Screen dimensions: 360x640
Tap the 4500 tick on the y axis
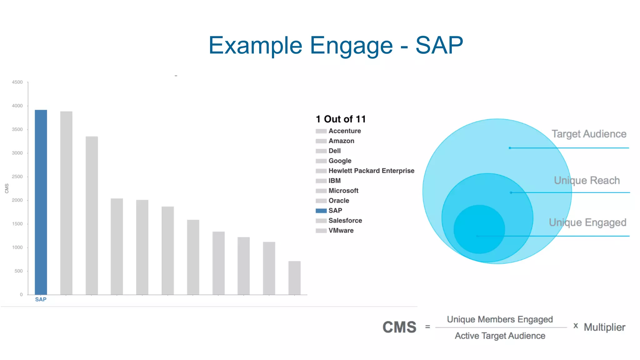coord(17,82)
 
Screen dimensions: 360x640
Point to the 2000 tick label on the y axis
coord(17,200)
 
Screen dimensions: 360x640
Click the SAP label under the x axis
coord(41,299)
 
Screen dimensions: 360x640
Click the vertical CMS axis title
coord(7,188)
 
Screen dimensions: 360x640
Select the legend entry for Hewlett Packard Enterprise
coord(371,171)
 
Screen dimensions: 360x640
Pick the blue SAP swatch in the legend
coord(321,211)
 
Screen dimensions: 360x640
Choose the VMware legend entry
coord(341,231)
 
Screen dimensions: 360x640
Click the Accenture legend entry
coord(344,131)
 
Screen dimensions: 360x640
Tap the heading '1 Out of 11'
coord(341,119)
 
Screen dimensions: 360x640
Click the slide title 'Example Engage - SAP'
coord(336,45)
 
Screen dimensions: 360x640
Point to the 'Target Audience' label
coord(589,134)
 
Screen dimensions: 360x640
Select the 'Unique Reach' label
coord(587,180)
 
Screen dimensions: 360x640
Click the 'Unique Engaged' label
coord(587,222)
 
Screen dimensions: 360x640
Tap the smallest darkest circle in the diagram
coord(479,229)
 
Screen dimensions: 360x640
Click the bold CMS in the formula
coord(399,327)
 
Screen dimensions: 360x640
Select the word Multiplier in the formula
coord(604,327)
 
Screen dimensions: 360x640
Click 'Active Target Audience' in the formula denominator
coord(500,336)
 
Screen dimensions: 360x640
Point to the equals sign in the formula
coord(427,327)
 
